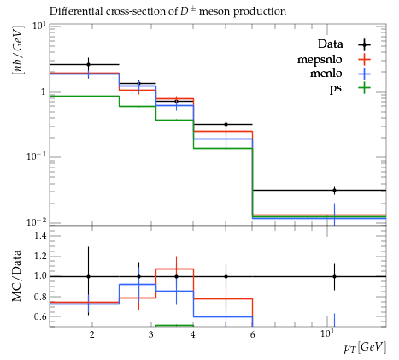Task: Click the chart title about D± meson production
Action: (x=167, y=11)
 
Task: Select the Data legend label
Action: (x=331, y=44)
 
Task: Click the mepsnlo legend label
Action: (x=320, y=60)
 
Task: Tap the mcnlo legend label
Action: (x=326, y=74)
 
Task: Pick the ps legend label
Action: (x=336, y=88)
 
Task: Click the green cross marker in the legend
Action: (x=364, y=87)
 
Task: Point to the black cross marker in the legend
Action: (x=364, y=44)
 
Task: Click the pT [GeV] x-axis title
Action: (x=365, y=347)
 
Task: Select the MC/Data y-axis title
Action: (x=16, y=276)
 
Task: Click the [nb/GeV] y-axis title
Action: (x=18, y=50)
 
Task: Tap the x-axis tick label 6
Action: (x=252, y=334)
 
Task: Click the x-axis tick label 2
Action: (x=91, y=334)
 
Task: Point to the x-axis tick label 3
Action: (x=150, y=334)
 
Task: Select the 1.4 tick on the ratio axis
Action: (x=40, y=235)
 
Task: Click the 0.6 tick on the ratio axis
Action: (x=40, y=316)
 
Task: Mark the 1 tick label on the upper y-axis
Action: (x=44, y=92)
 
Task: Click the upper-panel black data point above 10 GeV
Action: (x=334, y=191)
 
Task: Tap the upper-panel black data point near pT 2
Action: (x=88, y=65)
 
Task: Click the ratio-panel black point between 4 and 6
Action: (x=226, y=276)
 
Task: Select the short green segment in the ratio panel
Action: (x=174, y=325)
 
